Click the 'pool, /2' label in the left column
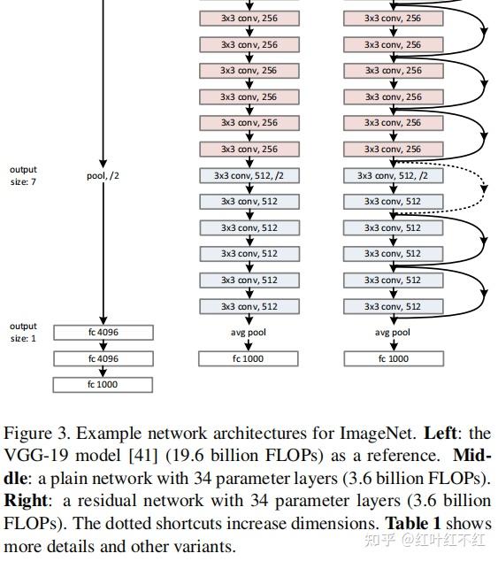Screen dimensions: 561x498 (x=103, y=175)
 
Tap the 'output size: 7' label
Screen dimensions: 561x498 (x=23, y=174)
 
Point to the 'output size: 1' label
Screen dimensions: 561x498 (x=23, y=332)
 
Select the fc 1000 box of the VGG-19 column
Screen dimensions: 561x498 (x=103, y=385)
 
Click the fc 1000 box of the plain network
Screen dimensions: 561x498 (x=249, y=358)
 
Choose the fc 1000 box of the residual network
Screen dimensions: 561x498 (x=394, y=358)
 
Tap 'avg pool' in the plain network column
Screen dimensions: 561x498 (x=249, y=333)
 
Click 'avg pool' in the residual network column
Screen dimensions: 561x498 (x=394, y=333)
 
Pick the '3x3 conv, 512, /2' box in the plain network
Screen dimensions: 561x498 (x=249, y=175)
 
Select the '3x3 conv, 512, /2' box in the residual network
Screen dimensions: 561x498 (x=394, y=175)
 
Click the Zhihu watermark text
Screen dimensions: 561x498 (x=429, y=537)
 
